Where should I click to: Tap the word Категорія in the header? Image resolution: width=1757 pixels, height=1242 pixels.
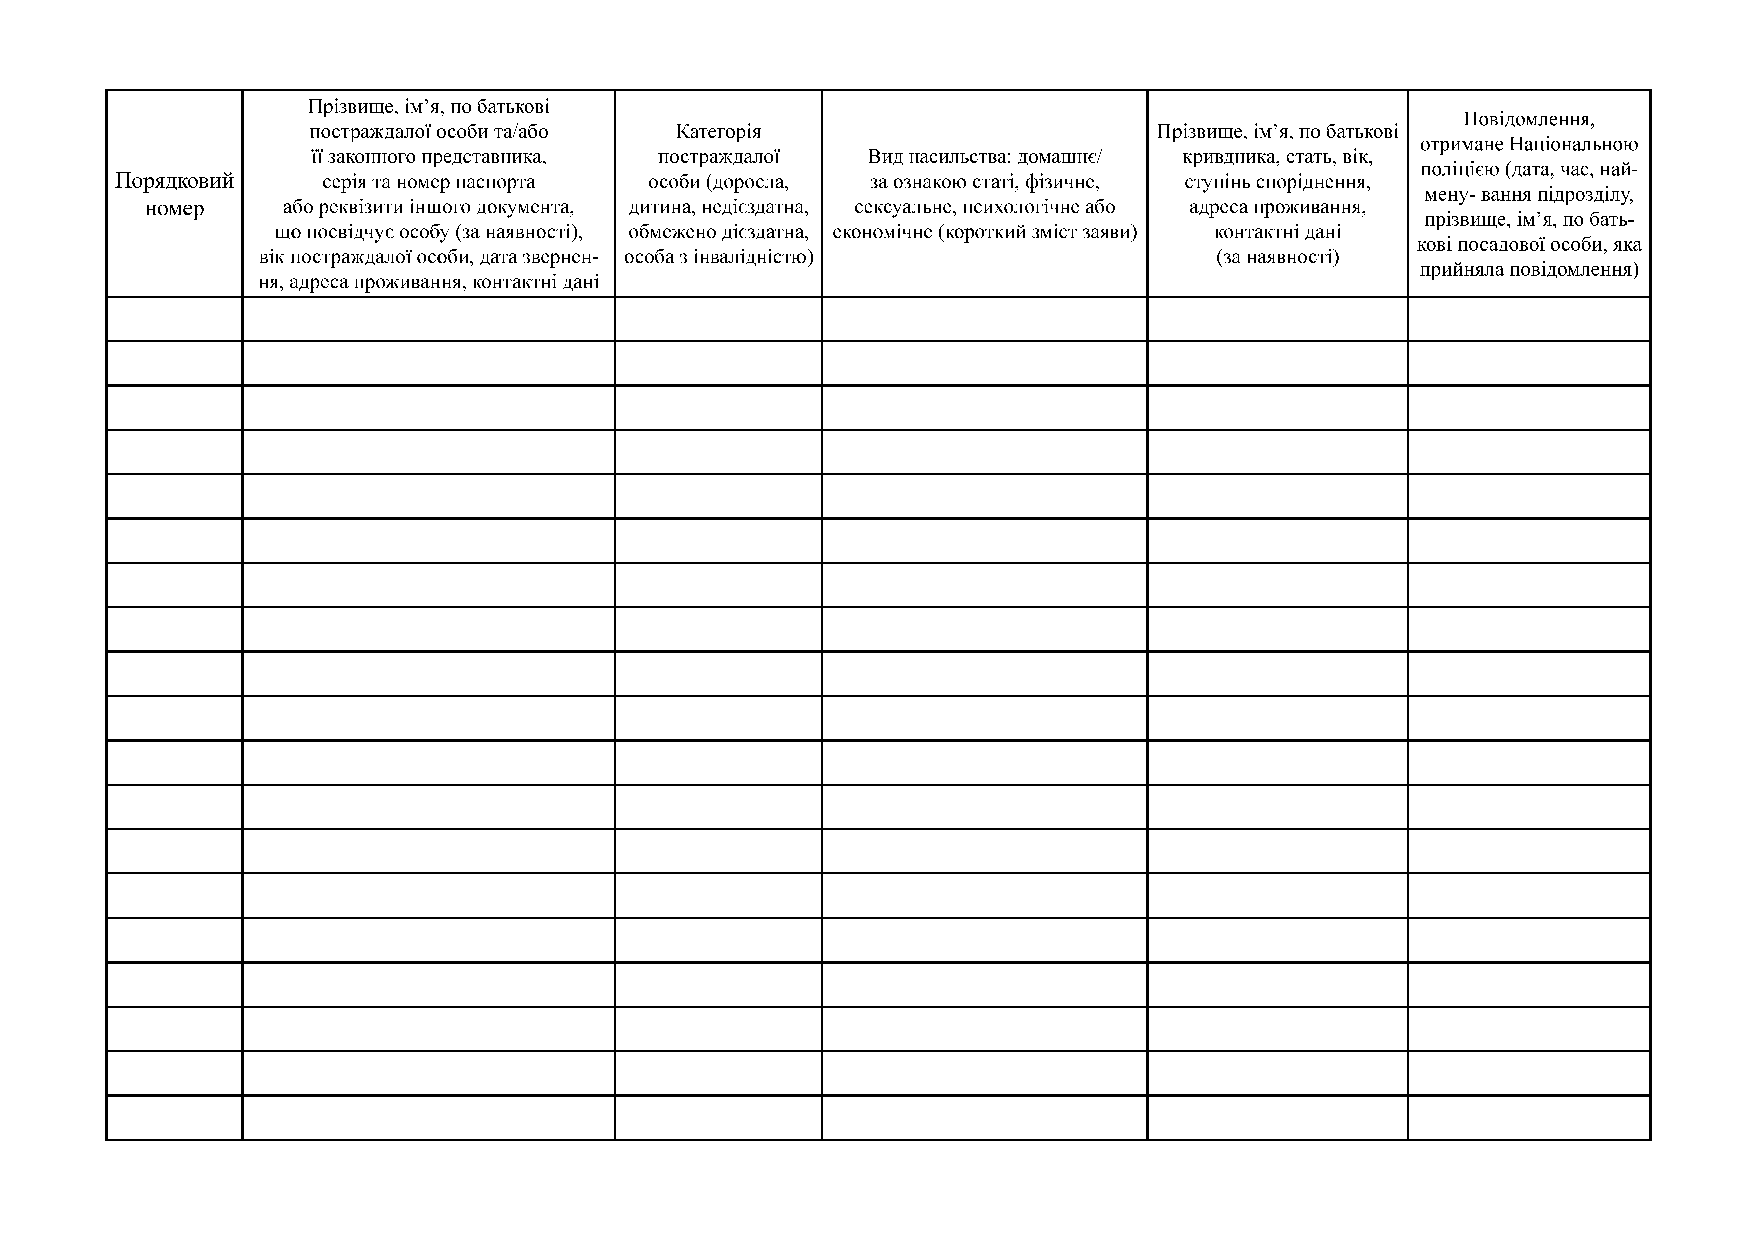pyautogui.click(x=718, y=132)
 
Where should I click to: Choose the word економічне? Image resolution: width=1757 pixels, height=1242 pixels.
pyautogui.click(x=882, y=232)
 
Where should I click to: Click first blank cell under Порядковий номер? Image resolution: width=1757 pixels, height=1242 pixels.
pyautogui.click(x=175, y=319)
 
